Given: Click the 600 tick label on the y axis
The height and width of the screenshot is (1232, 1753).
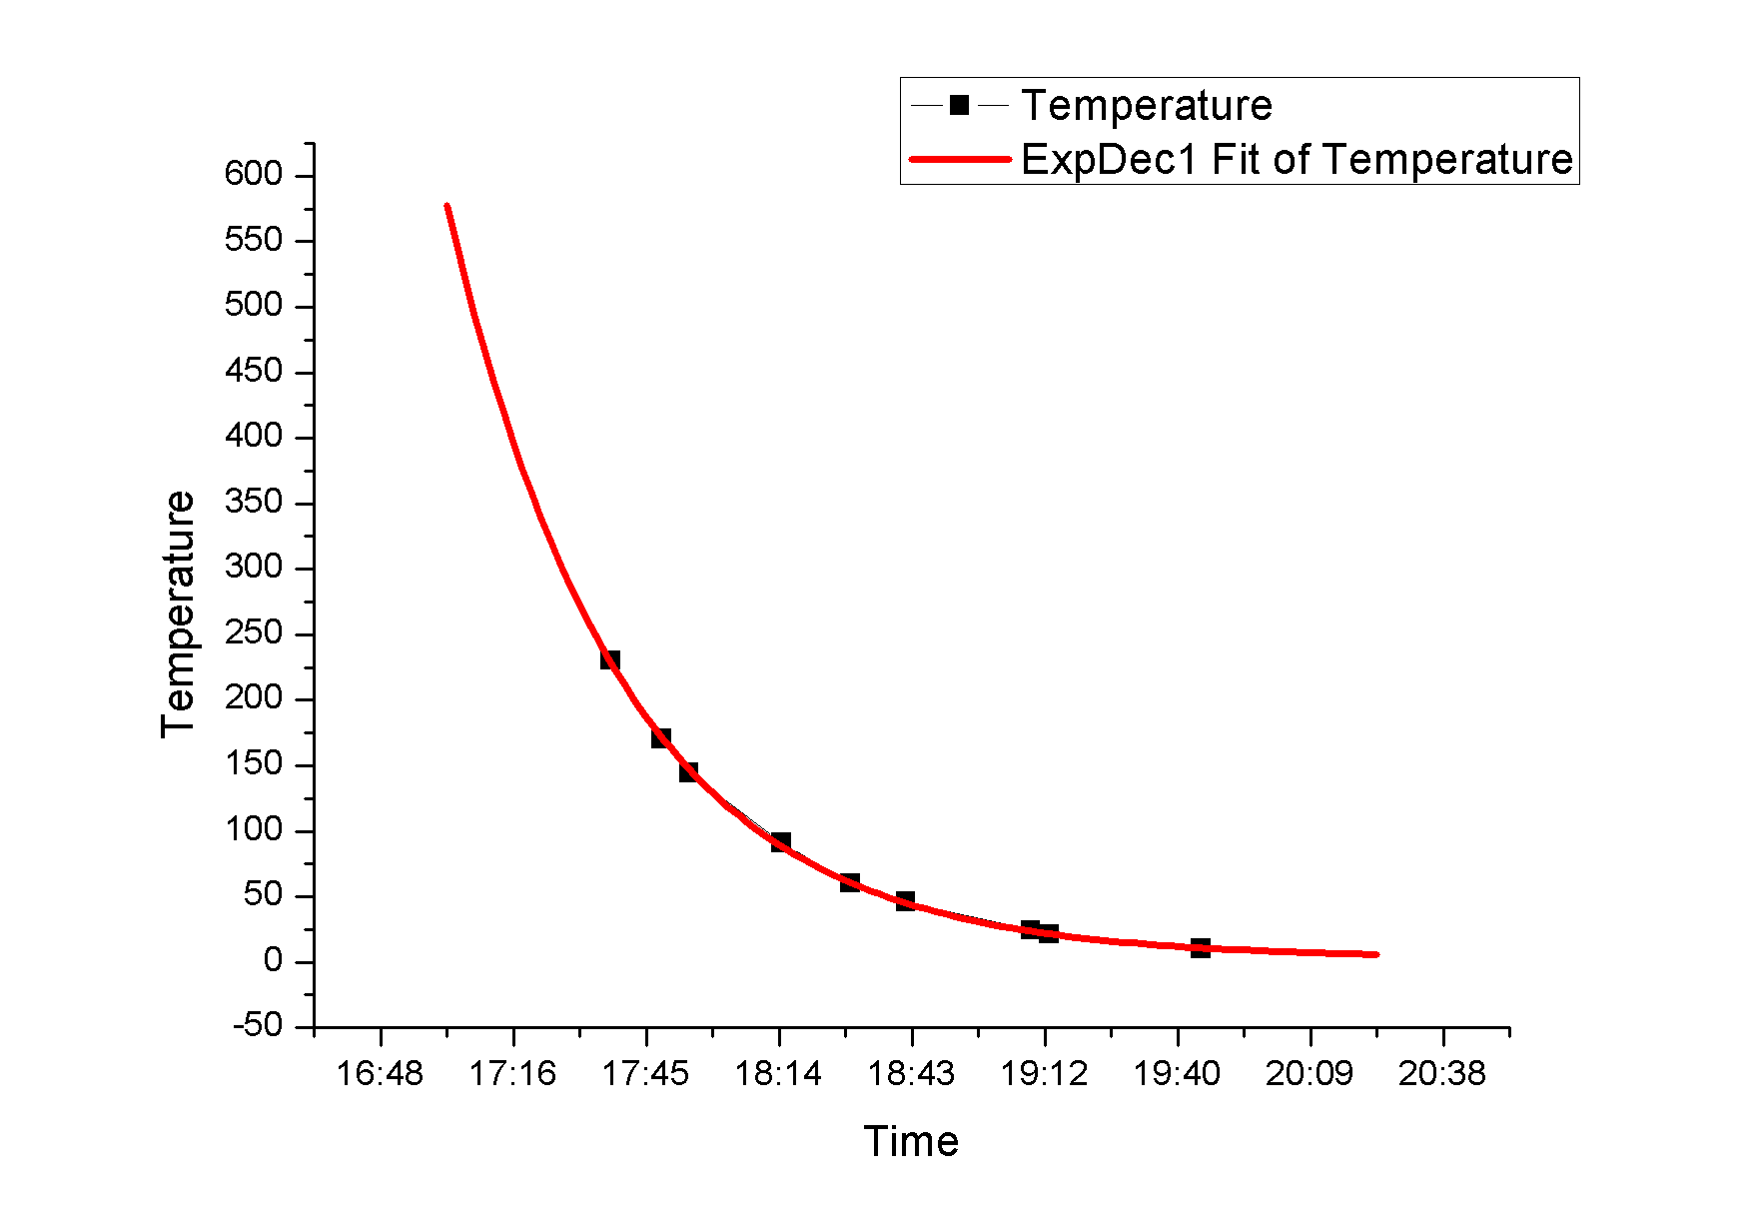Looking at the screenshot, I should (254, 175).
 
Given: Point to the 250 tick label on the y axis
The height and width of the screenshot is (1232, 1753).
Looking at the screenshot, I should (254, 633).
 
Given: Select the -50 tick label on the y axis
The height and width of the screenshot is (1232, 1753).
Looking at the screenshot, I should (258, 1026).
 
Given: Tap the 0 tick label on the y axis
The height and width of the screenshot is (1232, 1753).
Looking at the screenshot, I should (273, 961).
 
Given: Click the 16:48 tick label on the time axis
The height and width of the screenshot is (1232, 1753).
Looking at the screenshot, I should (380, 1074).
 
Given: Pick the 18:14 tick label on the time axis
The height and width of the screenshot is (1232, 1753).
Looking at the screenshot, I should (778, 1074).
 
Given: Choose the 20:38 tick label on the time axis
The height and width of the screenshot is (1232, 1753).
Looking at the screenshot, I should (1442, 1074).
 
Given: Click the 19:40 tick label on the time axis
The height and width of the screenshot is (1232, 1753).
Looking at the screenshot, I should (1177, 1074).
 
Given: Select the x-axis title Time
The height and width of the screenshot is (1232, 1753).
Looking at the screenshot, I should (911, 1141).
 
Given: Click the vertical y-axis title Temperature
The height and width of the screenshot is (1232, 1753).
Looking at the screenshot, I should (179, 615).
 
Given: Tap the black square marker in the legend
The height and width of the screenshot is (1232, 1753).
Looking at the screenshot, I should (960, 105).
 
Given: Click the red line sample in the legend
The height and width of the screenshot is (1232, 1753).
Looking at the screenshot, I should (960, 159).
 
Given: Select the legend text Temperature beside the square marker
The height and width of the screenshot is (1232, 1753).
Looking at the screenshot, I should (1147, 105).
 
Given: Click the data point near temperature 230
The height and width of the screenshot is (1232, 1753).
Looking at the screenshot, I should (610, 659).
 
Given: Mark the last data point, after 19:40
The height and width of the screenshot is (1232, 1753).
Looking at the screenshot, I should (1201, 947).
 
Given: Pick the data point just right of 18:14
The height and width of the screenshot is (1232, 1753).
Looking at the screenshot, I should (781, 843).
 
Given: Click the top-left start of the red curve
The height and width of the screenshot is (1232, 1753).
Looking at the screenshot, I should (447, 207).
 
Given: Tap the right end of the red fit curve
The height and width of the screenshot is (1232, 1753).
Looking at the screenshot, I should (1376, 954).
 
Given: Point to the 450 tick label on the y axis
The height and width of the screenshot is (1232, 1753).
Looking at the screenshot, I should (254, 371).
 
